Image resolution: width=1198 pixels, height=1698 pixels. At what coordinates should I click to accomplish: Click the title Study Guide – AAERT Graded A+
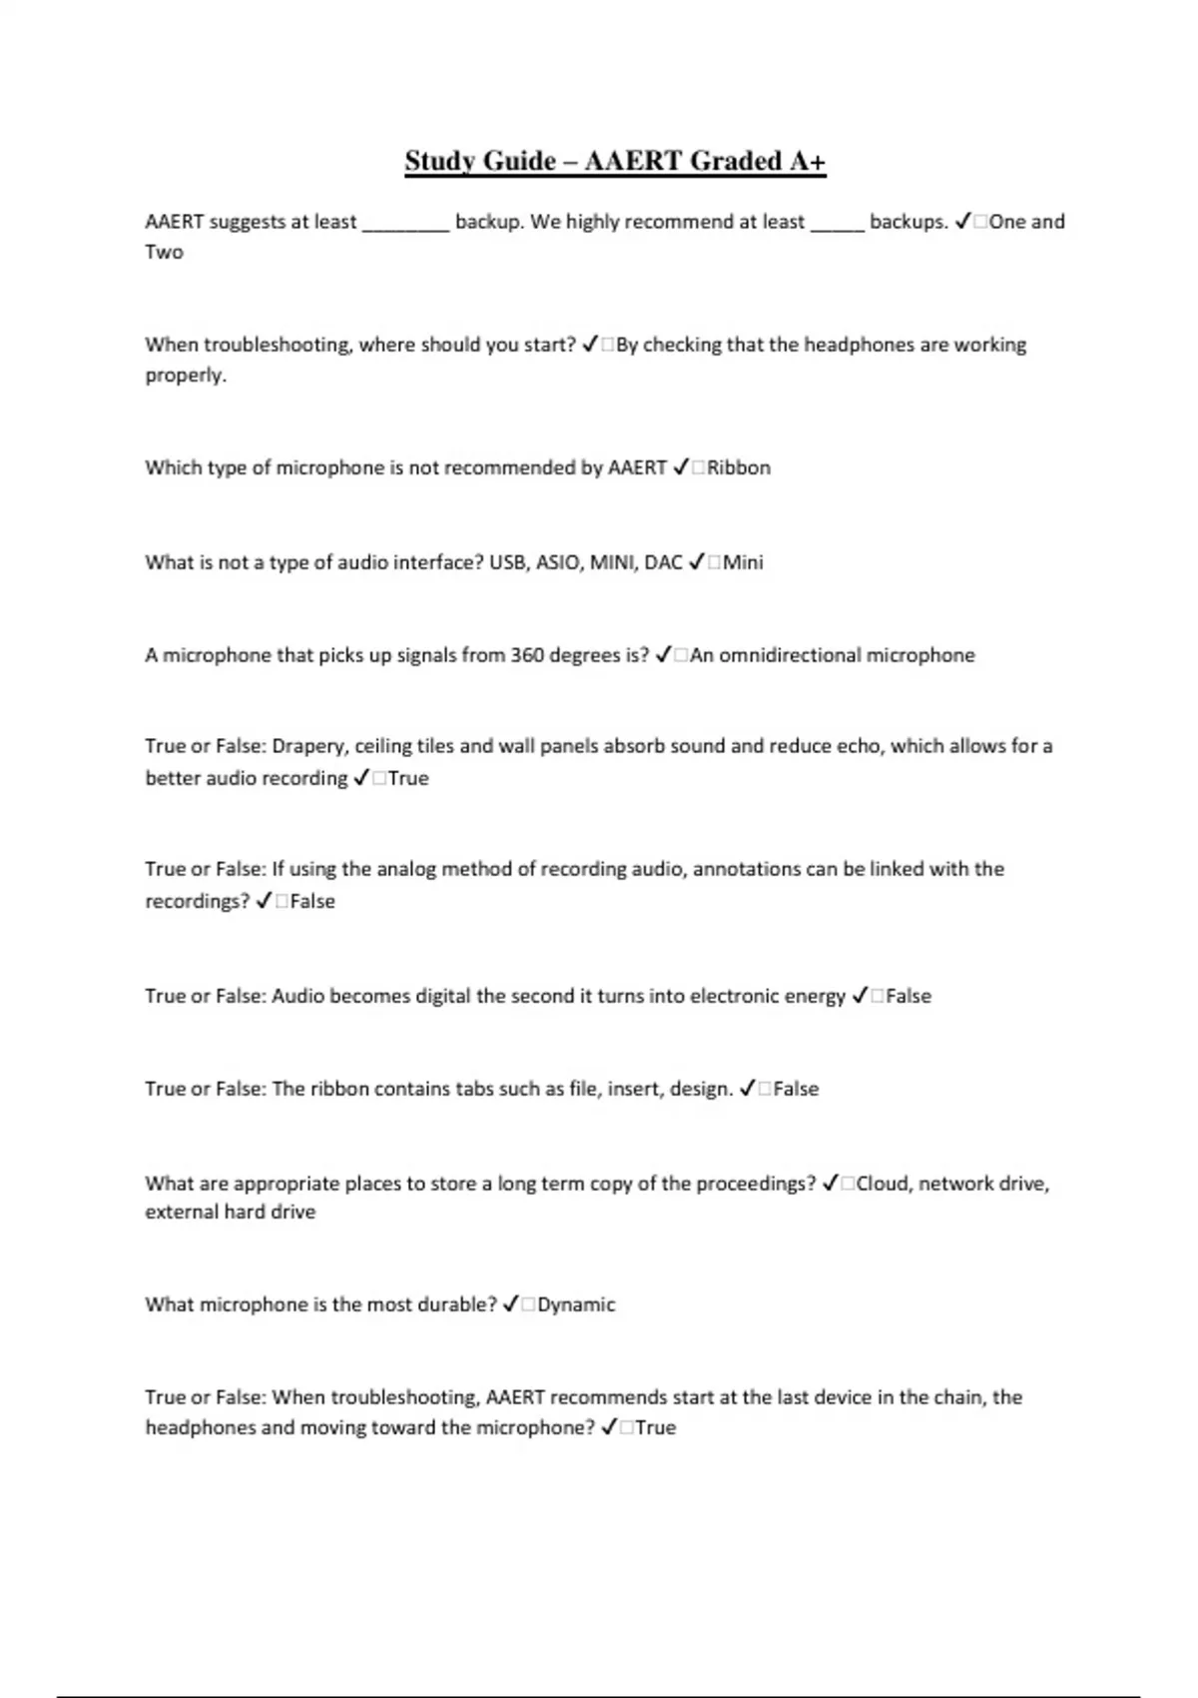pyautogui.click(x=615, y=161)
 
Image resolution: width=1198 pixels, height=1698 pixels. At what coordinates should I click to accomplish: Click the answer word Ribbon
pyautogui.click(x=739, y=467)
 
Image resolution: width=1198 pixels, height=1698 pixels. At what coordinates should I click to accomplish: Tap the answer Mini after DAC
pyautogui.click(x=743, y=562)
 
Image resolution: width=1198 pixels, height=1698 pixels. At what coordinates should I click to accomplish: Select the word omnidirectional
pyautogui.click(x=790, y=655)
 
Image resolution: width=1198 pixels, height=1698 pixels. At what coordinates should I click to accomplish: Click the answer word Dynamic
pyautogui.click(x=576, y=1304)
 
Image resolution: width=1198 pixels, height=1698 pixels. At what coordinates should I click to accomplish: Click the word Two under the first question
pyautogui.click(x=164, y=252)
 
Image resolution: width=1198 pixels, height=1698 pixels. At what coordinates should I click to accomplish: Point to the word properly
pyautogui.click(x=186, y=376)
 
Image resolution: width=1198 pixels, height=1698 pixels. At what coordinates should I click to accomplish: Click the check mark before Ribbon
pyautogui.click(x=681, y=467)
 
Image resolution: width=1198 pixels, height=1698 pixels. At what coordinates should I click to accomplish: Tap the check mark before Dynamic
pyautogui.click(x=510, y=1304)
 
